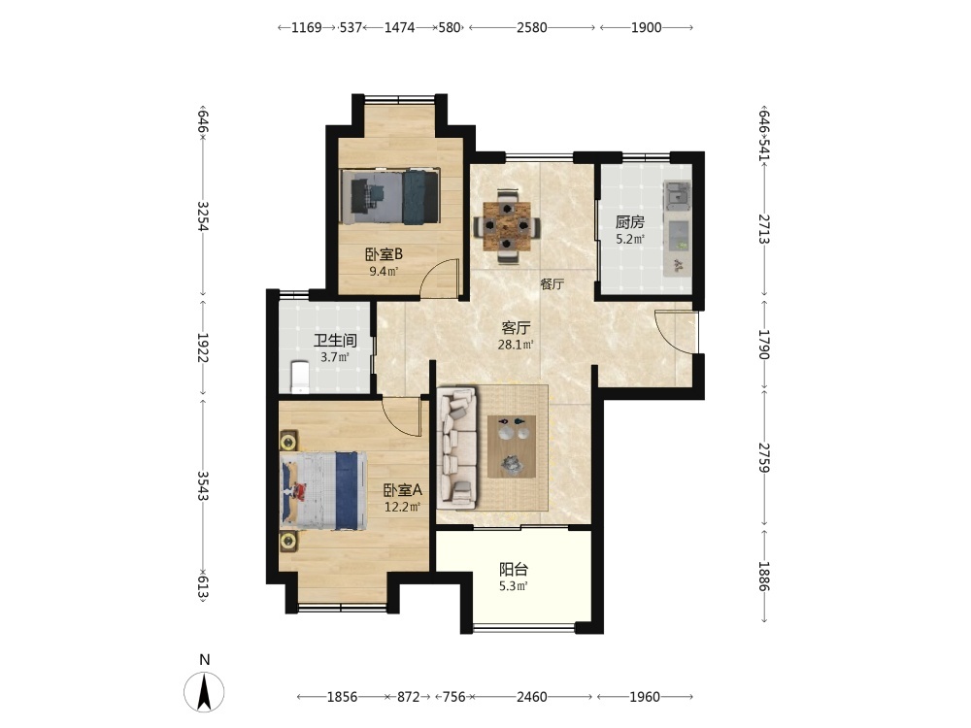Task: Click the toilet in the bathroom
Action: (300, 377)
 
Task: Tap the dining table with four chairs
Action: (507, 227)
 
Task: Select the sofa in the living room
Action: (456, 446)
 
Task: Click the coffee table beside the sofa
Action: (512, 447)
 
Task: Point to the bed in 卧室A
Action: (322, 490)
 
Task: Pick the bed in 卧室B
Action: (390, 197)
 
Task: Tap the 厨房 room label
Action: (630, 222)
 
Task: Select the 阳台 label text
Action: (514, 569)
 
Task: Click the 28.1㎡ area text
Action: (516, 345)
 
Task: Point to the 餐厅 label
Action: (552, 284)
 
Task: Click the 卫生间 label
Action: (335, 341)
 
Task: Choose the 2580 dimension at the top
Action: (532, 27)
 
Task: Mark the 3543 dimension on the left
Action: (203, 486)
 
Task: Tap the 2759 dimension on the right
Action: (764, 458)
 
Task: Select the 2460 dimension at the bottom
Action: (532, 697)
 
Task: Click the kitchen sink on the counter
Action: (676, 192)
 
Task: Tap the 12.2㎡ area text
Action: (403, 508)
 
